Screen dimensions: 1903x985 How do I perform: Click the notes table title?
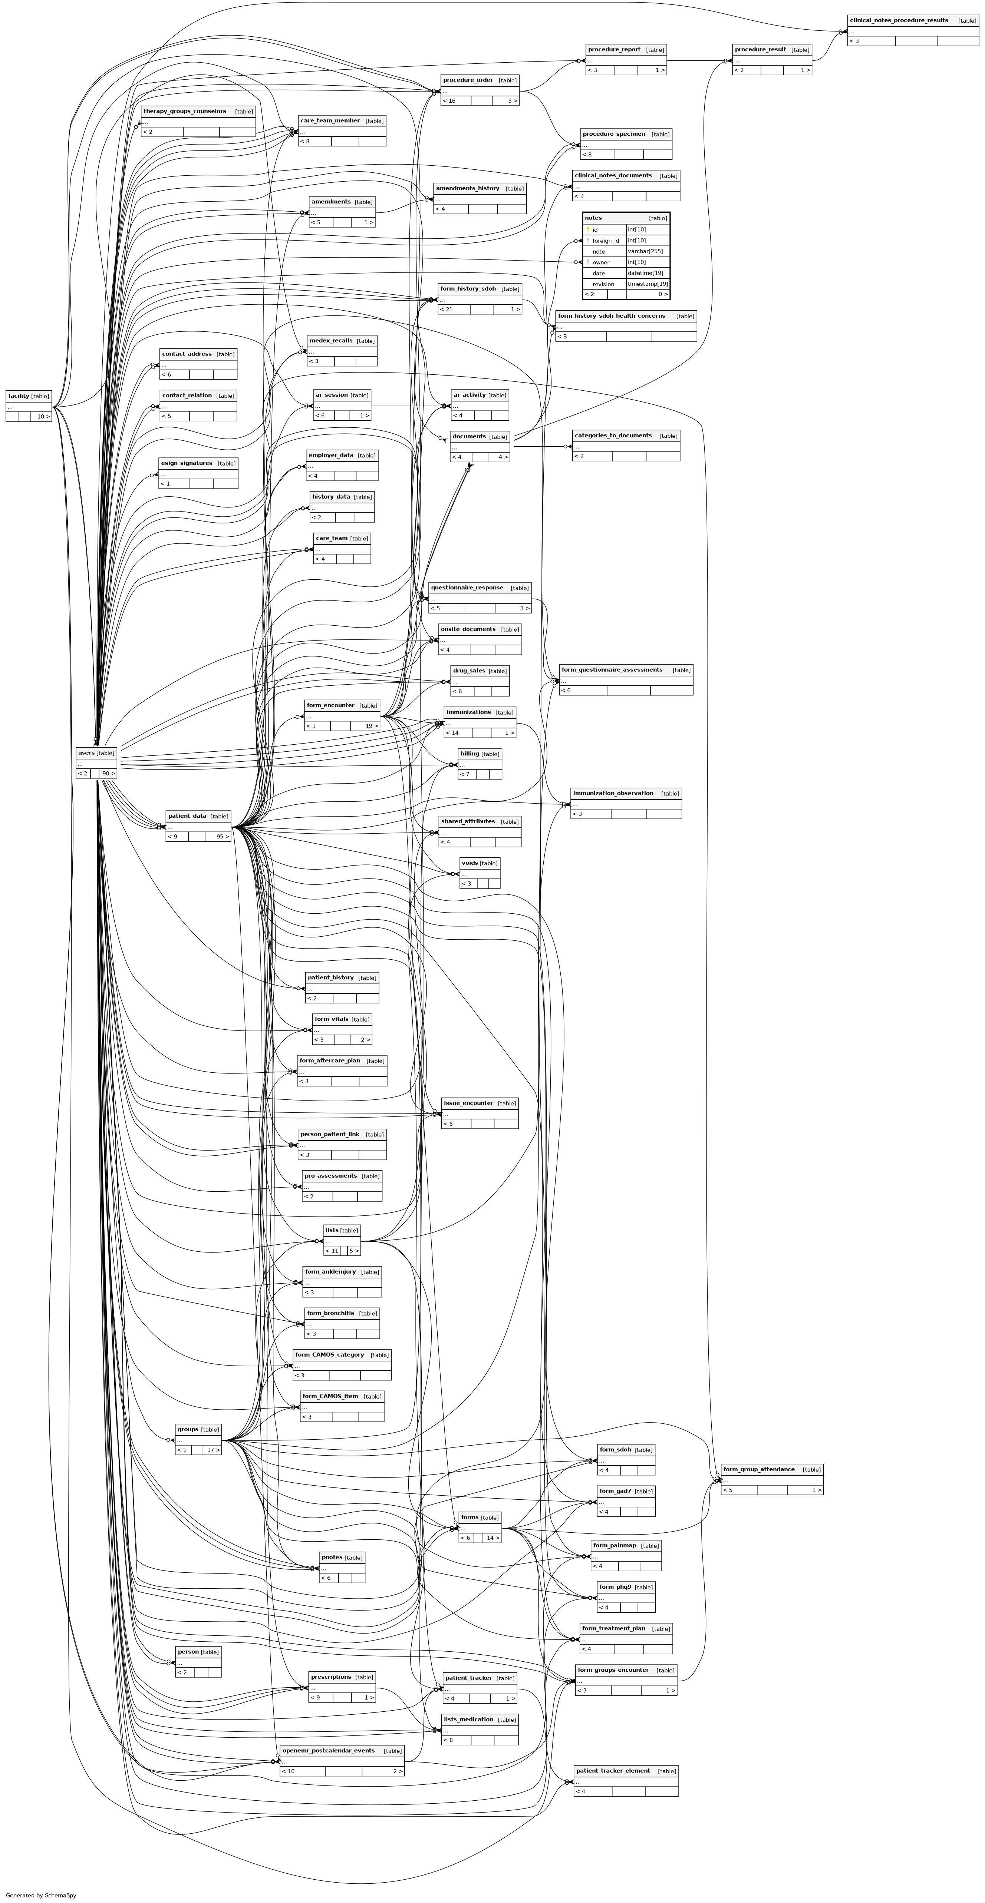[x=593, y=218]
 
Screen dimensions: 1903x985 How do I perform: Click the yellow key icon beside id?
[x=588, y=230]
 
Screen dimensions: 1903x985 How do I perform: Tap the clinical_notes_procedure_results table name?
[x=899, y=21]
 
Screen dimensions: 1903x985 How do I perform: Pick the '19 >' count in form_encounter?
[x=372, y=726]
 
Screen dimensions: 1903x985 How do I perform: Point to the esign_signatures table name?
[x=186, y=463]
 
